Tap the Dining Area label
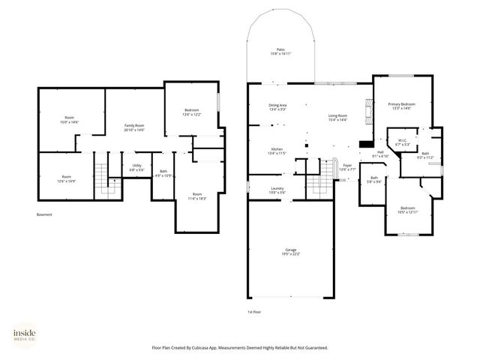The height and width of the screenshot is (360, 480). (277, 105)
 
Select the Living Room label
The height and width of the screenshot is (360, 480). (337, 115)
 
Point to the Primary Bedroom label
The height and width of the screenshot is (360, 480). (401, 103)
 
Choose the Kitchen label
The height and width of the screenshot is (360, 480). (277, 149)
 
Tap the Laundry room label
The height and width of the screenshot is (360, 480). (277, 188)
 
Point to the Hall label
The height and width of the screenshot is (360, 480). (380, 152)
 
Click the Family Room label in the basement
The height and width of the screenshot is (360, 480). (134, 126)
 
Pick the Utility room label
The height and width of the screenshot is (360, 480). (136, 166)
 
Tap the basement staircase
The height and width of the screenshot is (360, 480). (100, 180)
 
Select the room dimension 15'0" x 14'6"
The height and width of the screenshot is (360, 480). (69, 122)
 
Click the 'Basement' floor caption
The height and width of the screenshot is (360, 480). (44, 215)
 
